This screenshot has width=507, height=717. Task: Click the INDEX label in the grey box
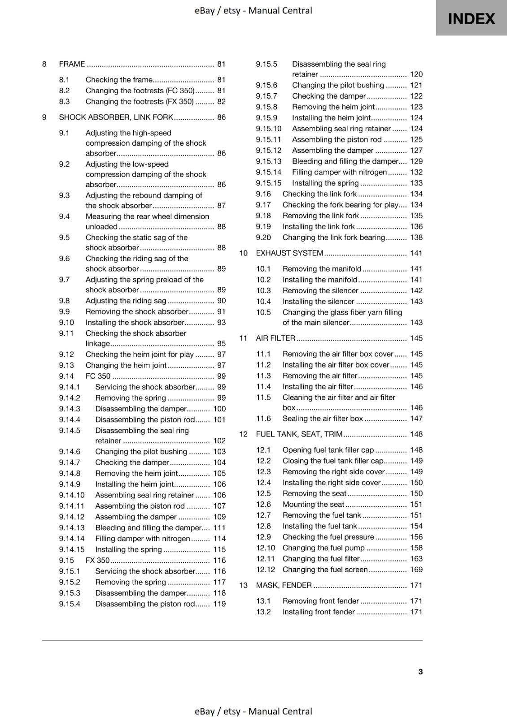click(x=471, y=19)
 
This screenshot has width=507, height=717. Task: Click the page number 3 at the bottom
click(x=420, y=671)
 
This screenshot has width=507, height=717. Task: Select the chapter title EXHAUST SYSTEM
click(x=289, y=253)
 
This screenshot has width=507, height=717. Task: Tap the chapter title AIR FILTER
click(x=275, y=338)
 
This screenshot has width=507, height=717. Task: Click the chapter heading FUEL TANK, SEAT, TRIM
click(x=299, y=434)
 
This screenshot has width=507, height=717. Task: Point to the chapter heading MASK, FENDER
click(x=284, y=585)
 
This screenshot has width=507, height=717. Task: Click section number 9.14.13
click(x=71, y=528)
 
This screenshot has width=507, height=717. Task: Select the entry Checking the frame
click(x=119, y=80)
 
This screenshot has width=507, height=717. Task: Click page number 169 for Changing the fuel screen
click(x=416, y=570)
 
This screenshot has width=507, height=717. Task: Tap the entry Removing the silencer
click(x=320, y=290)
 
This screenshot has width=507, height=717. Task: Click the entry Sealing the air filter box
click(x=322, y=419)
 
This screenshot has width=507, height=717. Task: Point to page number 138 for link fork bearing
click(x=416, y=238)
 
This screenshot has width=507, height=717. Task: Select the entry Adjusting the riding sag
click(x=126, y=301)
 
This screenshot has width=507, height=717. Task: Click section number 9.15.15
click(x=268, y=183)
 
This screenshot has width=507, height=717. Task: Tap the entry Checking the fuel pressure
click(x=328, y=537)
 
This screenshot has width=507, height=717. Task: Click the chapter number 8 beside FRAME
click(x=44, y=64)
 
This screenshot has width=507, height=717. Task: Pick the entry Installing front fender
click(x=319, y=612)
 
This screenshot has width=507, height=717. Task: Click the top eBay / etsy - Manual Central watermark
click(x=253, y=10)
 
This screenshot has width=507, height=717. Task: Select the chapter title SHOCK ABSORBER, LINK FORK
click(x=116, y=117)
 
